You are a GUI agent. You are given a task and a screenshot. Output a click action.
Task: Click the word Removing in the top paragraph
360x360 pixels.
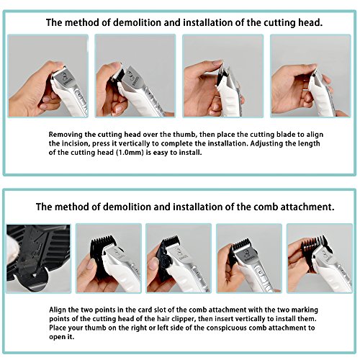(x=68, y=135)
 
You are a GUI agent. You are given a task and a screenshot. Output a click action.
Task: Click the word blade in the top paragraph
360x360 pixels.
(x=255, y=135)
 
